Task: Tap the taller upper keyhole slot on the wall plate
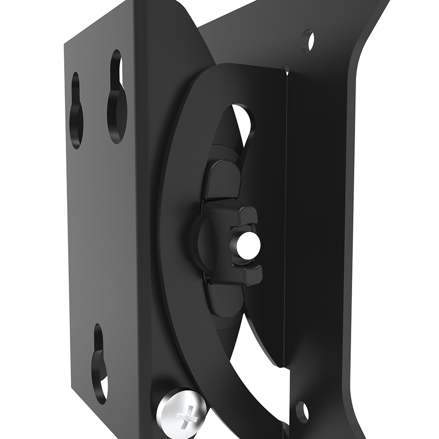click(x=116, y=97)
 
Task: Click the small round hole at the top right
click(x=308, y=40)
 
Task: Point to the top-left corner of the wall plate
click(x=66, y=44)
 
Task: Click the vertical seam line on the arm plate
click(x=286, y=219)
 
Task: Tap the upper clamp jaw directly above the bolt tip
click(x=244, y=215)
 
